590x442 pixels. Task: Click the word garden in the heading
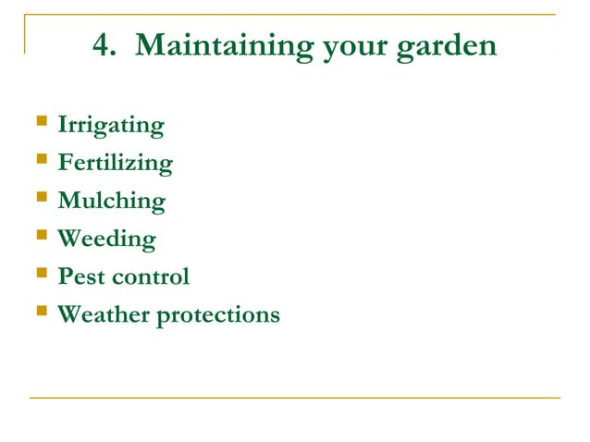(x=447, y=47)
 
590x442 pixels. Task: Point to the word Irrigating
(x=111, y=126)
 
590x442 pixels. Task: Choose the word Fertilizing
(x=115, y=164)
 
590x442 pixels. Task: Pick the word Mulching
(x=112, y=201)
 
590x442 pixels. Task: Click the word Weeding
(x=106, y=239)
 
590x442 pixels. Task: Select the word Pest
(x=80, y=276)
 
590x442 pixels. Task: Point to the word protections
(x=218, y=315)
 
